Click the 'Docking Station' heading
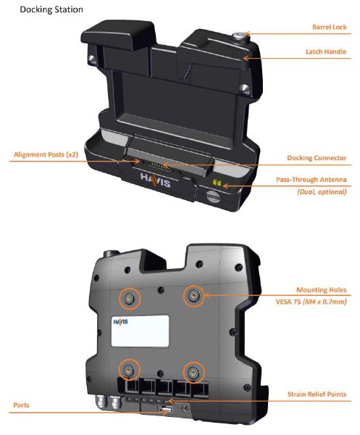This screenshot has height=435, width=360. tap(51, 9)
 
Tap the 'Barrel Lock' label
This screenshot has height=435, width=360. tap(330, 28)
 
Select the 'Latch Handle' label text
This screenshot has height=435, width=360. tap(326, 51)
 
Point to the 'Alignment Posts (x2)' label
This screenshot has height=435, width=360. tap(46, 154)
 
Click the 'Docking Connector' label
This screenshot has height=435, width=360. tap(317, 158)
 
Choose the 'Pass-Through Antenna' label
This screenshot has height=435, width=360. tap(311, 180)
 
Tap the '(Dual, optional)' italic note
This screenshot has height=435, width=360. tap(322, 191)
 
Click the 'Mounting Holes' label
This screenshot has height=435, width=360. tap(322, 290)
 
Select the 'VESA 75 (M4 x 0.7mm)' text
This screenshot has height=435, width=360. tap(311, 302)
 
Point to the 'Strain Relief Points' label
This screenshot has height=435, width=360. tap(317, 394)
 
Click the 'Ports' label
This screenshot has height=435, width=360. tap(21, 405)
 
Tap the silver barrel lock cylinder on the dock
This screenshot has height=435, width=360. tap(238, 36)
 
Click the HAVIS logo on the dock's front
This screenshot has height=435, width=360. tap(155, 180)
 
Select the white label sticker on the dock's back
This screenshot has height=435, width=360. tap(140, 331)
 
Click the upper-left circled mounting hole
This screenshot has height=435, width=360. tap(130, 299)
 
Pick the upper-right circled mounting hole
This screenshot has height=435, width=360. tap(194, 296)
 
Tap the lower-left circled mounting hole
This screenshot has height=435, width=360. tap(130, 370)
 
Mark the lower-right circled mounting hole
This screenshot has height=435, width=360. tap(194, 373)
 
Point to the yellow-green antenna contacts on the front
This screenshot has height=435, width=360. tap(217, 183)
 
